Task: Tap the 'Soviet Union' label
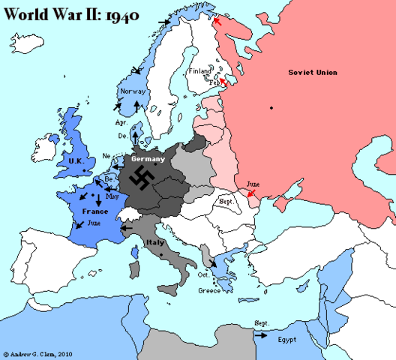313,72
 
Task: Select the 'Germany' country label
148,160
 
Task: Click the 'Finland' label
200,71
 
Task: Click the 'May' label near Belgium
113,197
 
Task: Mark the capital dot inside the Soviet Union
271,109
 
